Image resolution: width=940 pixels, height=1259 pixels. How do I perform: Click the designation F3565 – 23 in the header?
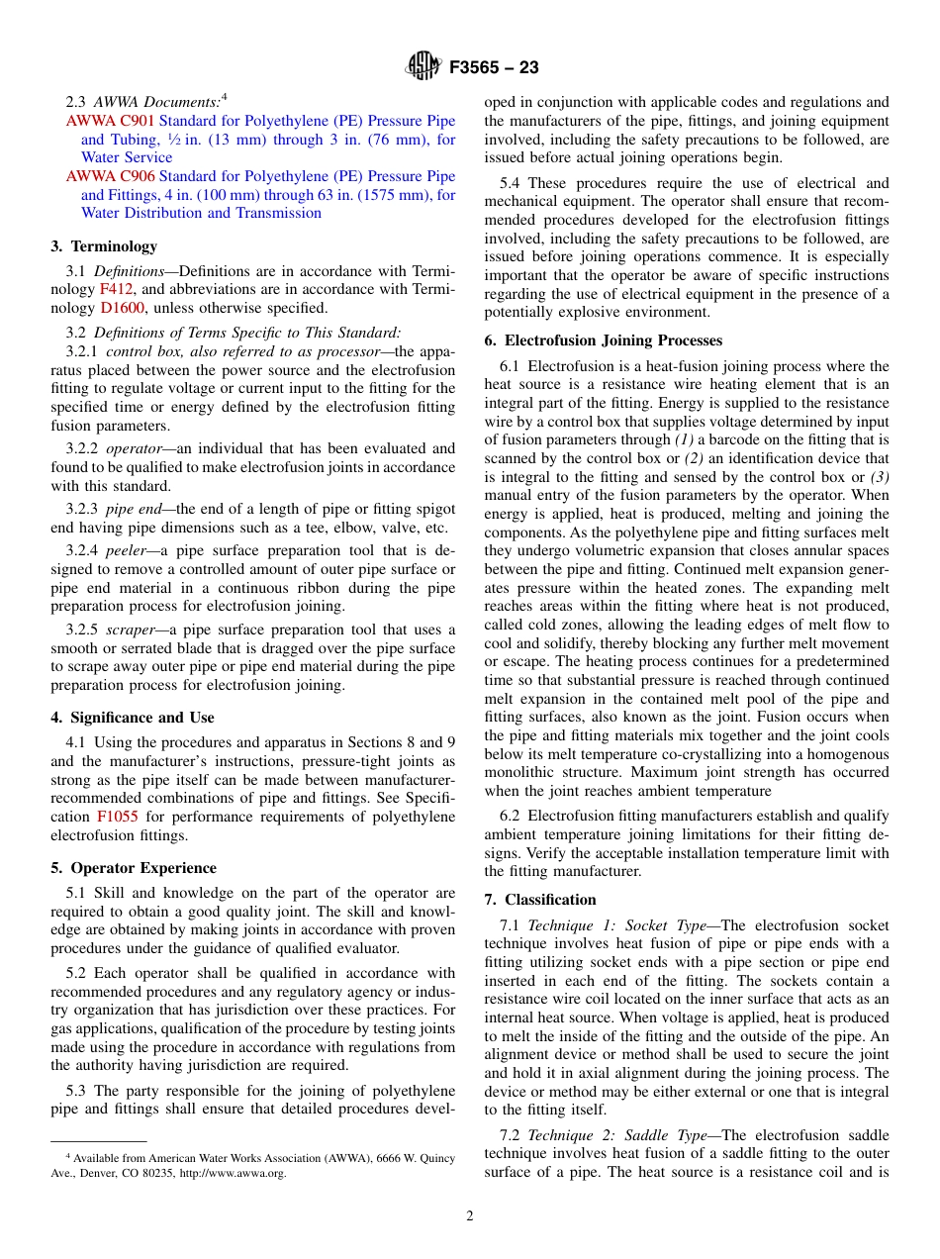click(493, 68)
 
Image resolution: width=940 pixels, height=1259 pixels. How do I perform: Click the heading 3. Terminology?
click(104, 246)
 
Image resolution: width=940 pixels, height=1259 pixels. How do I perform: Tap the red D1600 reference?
click(123, 308)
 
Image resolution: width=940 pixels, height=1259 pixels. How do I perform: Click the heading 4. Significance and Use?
click(132, 718)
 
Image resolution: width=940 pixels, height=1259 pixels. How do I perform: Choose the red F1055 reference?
click(117, 817)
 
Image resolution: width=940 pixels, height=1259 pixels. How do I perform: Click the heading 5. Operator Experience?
click(133, 868)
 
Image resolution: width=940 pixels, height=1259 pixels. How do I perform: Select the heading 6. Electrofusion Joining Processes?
click(604, 340)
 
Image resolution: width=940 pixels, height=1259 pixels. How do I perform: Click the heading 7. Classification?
click(540, 900)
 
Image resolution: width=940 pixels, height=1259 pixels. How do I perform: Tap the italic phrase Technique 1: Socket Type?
click(616, 925)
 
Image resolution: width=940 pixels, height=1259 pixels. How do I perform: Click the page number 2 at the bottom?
click(470, 1216)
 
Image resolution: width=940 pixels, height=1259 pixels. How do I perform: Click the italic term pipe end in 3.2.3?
click(134, 509)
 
